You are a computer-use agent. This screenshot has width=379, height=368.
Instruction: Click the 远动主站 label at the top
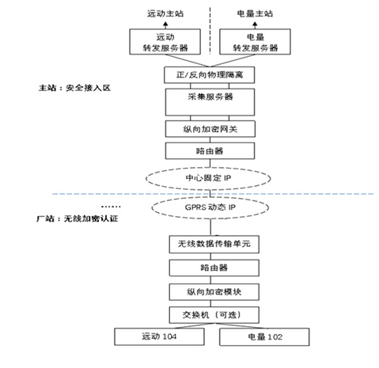165,13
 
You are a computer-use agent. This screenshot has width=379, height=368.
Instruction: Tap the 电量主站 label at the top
255,13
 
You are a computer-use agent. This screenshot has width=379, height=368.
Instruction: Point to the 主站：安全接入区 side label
74,88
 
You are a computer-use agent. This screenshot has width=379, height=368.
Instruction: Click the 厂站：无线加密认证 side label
77,218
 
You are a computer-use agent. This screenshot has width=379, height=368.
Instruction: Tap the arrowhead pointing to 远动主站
165,25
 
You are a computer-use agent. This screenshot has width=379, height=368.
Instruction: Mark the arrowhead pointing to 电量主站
255,25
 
